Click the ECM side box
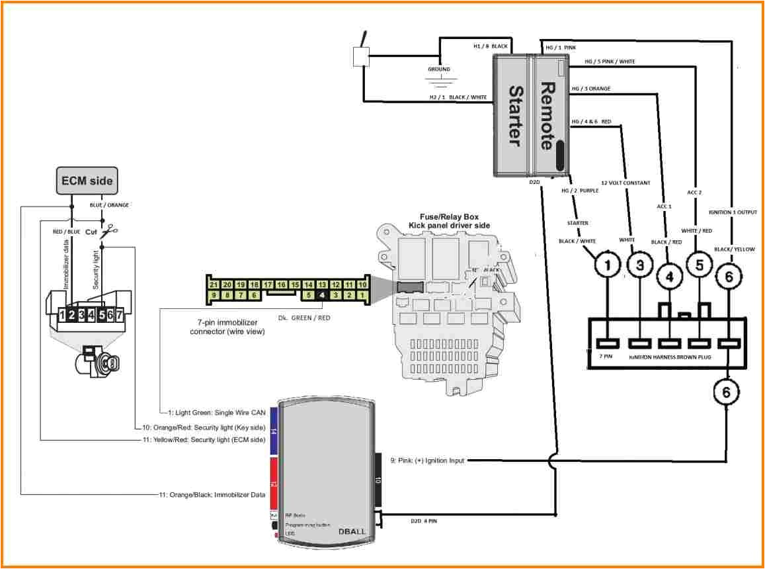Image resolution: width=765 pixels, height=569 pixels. click(87, 180)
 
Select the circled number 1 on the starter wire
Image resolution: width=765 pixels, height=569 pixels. click(608, 267)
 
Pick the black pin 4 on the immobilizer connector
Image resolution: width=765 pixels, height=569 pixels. click(321, 295)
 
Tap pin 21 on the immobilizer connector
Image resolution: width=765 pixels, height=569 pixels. click(213, 284)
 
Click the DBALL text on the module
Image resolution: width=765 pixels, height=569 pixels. click(352, 531)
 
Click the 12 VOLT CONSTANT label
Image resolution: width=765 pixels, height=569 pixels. click(625, 183)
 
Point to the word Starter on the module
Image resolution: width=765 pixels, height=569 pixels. click(515, 116)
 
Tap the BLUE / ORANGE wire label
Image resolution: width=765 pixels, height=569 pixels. click(110, 205)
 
